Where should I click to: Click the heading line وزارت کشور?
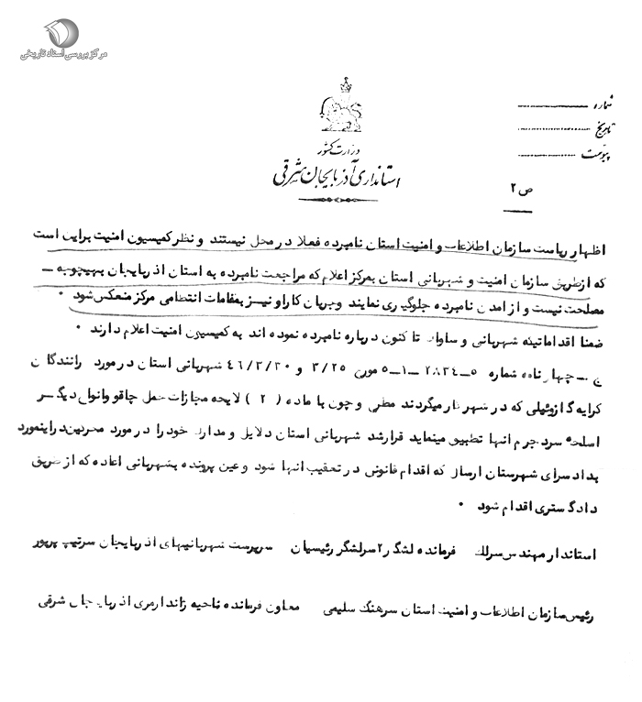pyautogui.click(x=327, y=147)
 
